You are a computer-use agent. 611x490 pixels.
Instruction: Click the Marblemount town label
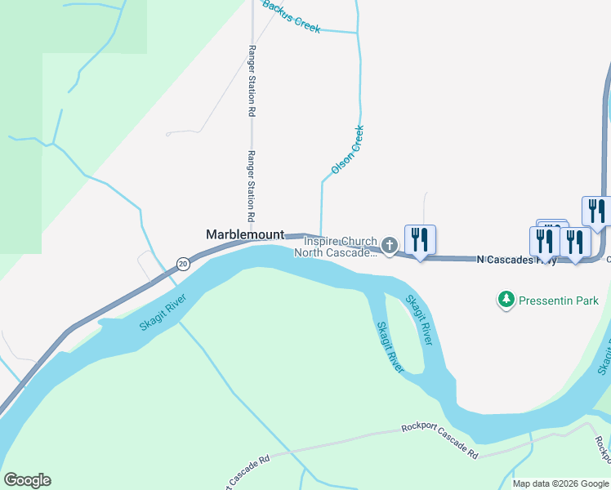245,234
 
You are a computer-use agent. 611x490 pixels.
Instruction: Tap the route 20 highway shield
183,263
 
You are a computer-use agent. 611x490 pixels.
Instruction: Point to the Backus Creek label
291,16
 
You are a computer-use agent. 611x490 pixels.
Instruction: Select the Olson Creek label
347,149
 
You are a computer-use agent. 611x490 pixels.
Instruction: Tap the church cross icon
390,245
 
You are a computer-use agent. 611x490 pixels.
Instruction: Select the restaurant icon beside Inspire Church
420,240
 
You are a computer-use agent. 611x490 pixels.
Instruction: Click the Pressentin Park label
560,301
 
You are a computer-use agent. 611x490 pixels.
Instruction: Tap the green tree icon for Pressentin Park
507,301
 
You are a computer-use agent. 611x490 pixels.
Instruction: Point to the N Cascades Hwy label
515,260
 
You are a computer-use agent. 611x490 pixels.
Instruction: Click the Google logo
27,480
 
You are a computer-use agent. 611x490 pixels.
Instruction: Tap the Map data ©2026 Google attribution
560,483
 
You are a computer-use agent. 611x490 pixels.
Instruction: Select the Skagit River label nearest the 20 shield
163,312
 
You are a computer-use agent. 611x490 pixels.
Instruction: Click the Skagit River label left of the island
390,347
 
